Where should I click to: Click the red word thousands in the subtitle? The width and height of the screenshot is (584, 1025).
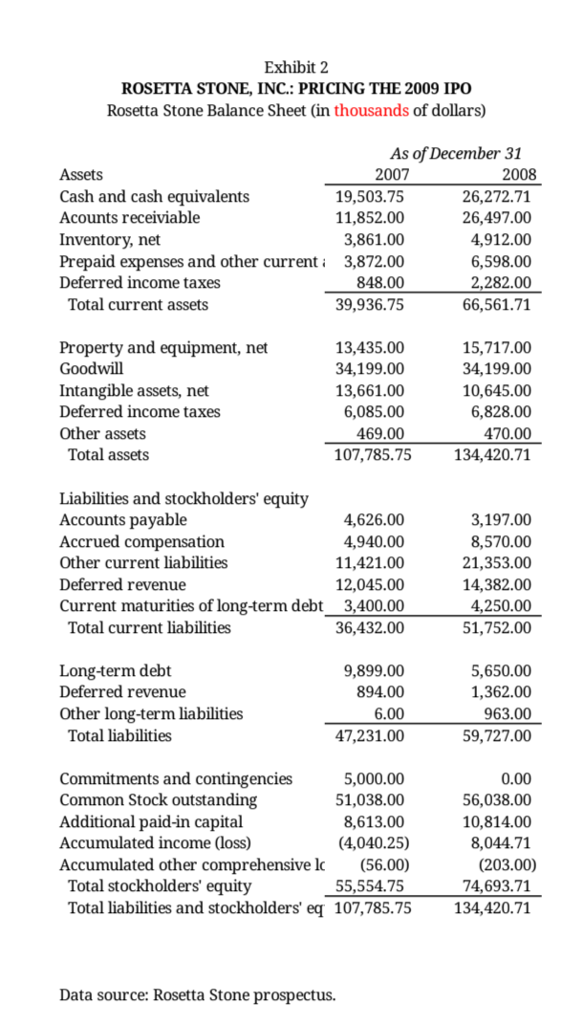click(372, 110)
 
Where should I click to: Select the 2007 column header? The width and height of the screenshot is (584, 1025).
click(387, 175)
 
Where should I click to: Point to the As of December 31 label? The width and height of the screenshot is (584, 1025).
click(456, 153)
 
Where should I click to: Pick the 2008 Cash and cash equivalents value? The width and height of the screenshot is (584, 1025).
click(495, 196)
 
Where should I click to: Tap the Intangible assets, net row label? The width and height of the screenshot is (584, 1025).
click(134, 390)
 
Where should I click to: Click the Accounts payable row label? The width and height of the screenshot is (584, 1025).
click(123, 520)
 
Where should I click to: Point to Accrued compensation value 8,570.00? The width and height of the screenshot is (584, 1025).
click(501, 541)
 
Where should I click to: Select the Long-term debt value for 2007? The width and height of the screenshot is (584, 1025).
click(374, 670)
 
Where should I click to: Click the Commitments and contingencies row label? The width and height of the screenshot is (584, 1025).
click(176, 778)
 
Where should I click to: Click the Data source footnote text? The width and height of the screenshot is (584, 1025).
click(198, 995)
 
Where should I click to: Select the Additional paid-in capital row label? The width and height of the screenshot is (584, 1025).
click(151, 821)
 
